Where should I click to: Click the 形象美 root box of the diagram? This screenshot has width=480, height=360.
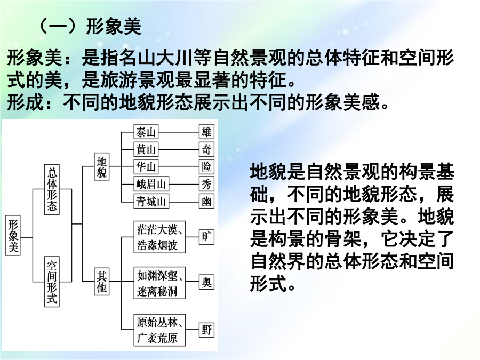click(x=14, y=236)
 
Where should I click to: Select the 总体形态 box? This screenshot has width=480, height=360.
click(x=52, y=190)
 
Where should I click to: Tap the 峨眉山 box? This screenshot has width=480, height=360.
click(x=151, y=184)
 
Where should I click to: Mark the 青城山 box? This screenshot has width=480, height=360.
click(x=151, y=201)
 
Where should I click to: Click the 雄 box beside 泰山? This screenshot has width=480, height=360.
click(x=206, y=132)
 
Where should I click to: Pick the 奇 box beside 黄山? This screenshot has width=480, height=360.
click(x=206, y=149)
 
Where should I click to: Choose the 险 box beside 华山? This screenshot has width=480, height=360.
click(x=206, y=166)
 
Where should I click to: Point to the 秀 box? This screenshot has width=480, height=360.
click(x=206, y=184)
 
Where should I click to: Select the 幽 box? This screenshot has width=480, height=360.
click(x=206, y=201)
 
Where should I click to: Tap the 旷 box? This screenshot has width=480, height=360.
click(x=206, y=236)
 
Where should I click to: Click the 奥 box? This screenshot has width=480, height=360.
click(x=206, y=282)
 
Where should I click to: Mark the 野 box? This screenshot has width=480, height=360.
click(x=206, y=330)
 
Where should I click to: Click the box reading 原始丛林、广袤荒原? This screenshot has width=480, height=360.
click(x=160, y=330)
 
